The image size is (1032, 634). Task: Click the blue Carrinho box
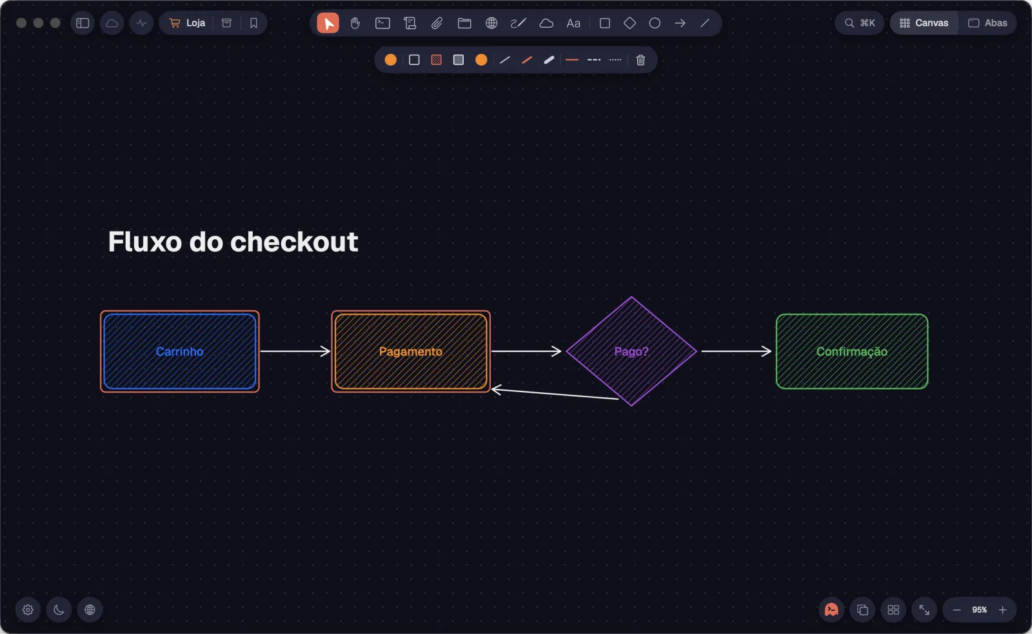tap(180, 351)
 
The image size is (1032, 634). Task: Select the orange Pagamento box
tap(410, 351)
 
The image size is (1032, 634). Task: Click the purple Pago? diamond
tap(631, 351)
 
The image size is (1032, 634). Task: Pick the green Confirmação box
tap(852, 351)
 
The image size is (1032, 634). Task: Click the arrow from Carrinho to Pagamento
tap(295, 351)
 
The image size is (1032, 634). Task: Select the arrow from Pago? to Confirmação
tap(736, 351)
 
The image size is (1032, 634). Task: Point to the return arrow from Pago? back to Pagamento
tap(555, 394)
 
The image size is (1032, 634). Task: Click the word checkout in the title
tap(294, 241)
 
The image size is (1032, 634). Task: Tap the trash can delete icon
tap(640, 60)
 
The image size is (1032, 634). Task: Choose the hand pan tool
tap(355, 23)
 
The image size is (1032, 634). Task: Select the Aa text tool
tap(573, 23)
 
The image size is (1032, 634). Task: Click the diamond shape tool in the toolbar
tap(630, 23)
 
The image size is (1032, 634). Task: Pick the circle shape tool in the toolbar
tap(655, 23)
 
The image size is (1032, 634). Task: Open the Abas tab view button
tap(987, 23)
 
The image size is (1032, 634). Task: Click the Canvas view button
tap(924, 23)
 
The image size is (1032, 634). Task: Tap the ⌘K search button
tap(860, 23)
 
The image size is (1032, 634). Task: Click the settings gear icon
tap(28, 609)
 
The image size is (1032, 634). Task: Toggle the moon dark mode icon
tap(59, 609)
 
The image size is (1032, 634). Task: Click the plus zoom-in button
tap(1002, 609)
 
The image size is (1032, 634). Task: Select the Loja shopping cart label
tap(188, 23)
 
